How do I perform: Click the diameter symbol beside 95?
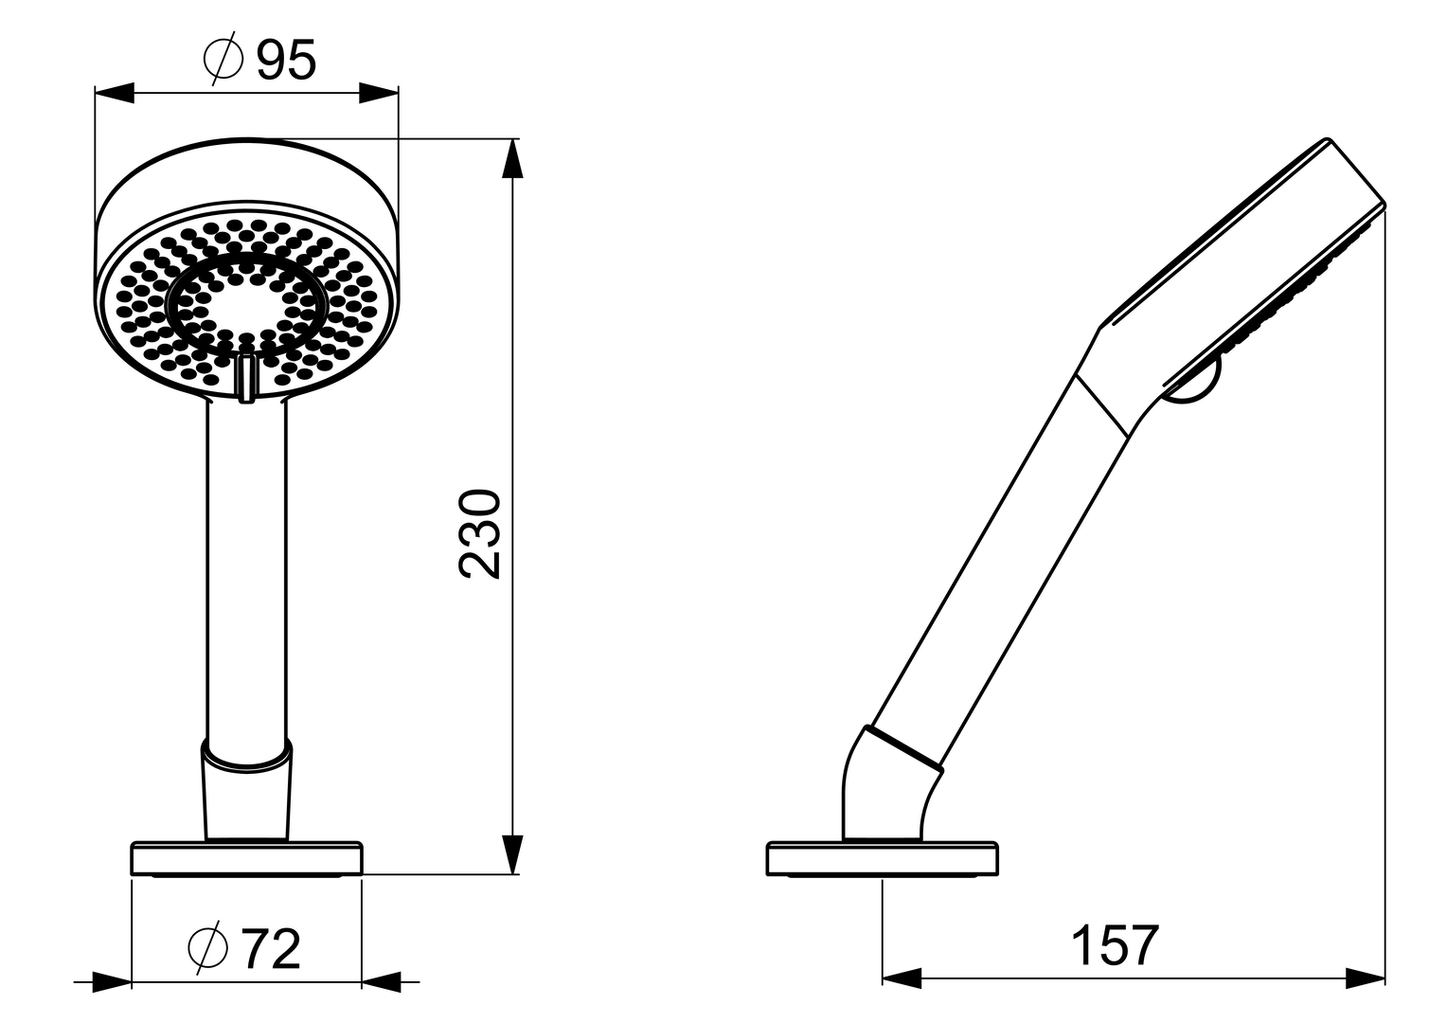(x=223, y=61)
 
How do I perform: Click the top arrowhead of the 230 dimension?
(x=512, y=159)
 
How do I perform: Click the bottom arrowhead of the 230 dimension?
(x=512, y=852)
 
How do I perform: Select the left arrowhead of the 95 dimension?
(x=114, y=93)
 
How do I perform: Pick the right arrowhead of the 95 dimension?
(x=379, y=93)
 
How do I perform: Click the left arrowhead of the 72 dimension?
(x=112, y=982)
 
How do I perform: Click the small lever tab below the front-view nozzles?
(x=246, y=378)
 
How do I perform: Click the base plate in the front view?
(x=246, y=858)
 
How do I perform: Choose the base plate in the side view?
(x=881, y=858)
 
